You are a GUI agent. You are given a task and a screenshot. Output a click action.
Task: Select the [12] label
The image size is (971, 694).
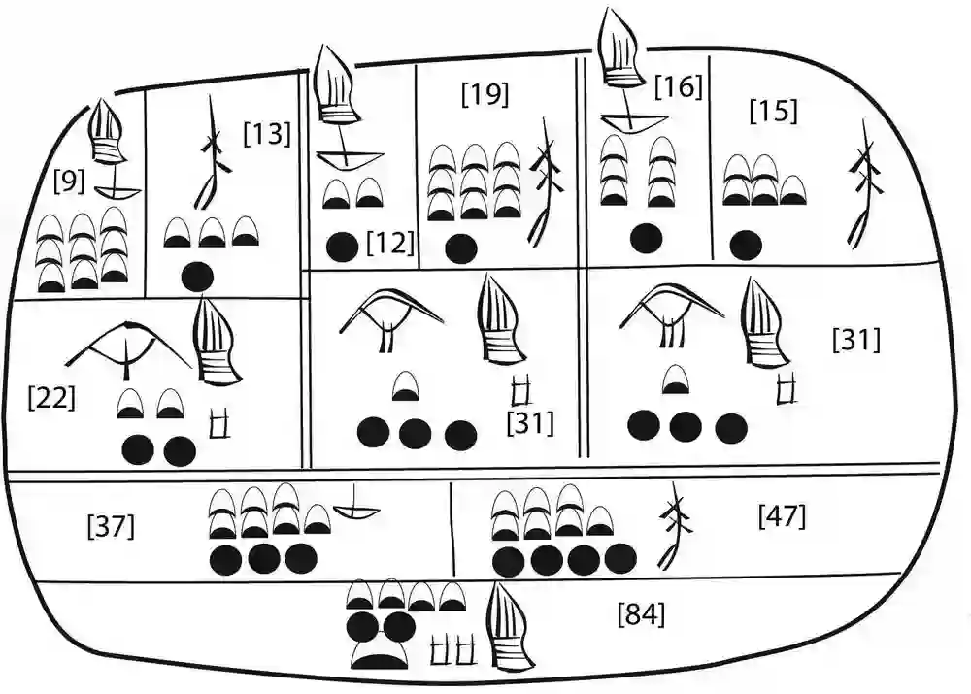pyautogui.click(x=390, y=244)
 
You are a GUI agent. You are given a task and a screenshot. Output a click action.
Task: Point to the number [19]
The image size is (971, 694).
pyautogui.click(x=485, y=94)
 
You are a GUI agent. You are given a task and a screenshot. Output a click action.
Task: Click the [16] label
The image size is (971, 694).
pyautogui.click(x=678, y=87)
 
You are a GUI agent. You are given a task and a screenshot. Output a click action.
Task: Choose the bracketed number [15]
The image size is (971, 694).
pyautogui.click(x=774, y=111)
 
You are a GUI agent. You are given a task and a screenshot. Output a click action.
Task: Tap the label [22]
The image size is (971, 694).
pyautogui.click(x=52, y=397)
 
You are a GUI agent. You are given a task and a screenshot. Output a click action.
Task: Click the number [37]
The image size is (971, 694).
pyautogui.click(x=111, y=527)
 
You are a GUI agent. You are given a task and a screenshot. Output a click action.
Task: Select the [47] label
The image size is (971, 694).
pyautogui.click(x=782, y=516)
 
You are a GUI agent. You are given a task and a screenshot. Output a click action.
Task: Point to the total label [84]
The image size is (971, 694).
pyautogui.click(x=641, y=613)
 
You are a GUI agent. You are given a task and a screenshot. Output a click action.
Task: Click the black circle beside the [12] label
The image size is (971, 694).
pyautogui.click(x=342, y=248)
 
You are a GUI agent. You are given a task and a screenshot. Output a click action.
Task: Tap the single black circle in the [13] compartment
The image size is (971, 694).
pyautogui.click(x=197, y=277)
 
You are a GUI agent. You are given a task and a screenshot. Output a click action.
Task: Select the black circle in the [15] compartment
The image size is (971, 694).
pyautogui.click(x=745, y=244)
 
